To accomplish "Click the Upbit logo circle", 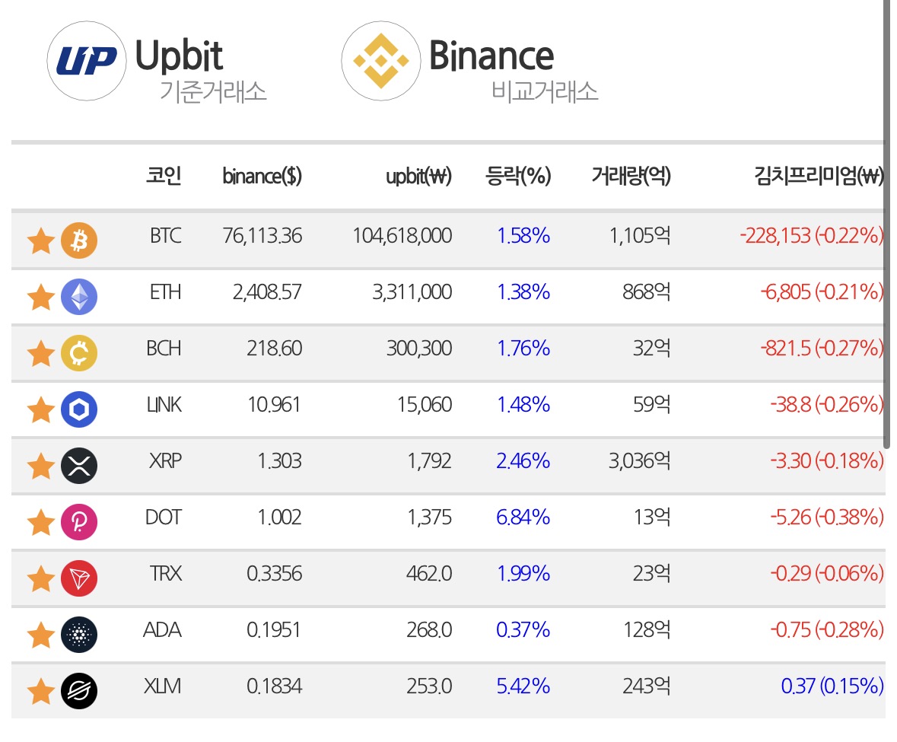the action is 87,61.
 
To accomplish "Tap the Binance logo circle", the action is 381,61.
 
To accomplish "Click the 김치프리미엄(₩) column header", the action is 819,176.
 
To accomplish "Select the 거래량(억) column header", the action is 631,176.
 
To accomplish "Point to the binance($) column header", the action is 262,176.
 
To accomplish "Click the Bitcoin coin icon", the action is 79,240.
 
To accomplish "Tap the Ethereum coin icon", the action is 79,296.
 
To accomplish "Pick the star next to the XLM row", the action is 41,690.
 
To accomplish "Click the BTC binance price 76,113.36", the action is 262,236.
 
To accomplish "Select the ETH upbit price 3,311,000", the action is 412,292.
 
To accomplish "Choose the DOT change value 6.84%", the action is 523,517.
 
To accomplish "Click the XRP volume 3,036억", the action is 639,460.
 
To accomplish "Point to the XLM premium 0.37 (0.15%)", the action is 832,686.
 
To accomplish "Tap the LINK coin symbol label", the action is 164,404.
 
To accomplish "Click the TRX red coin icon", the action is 79,578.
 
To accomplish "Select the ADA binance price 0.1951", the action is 273,630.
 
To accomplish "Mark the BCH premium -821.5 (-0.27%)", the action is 822,348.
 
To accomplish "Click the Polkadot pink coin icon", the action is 79,522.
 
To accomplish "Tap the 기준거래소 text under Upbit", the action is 213,91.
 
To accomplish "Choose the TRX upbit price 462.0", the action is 429,573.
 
